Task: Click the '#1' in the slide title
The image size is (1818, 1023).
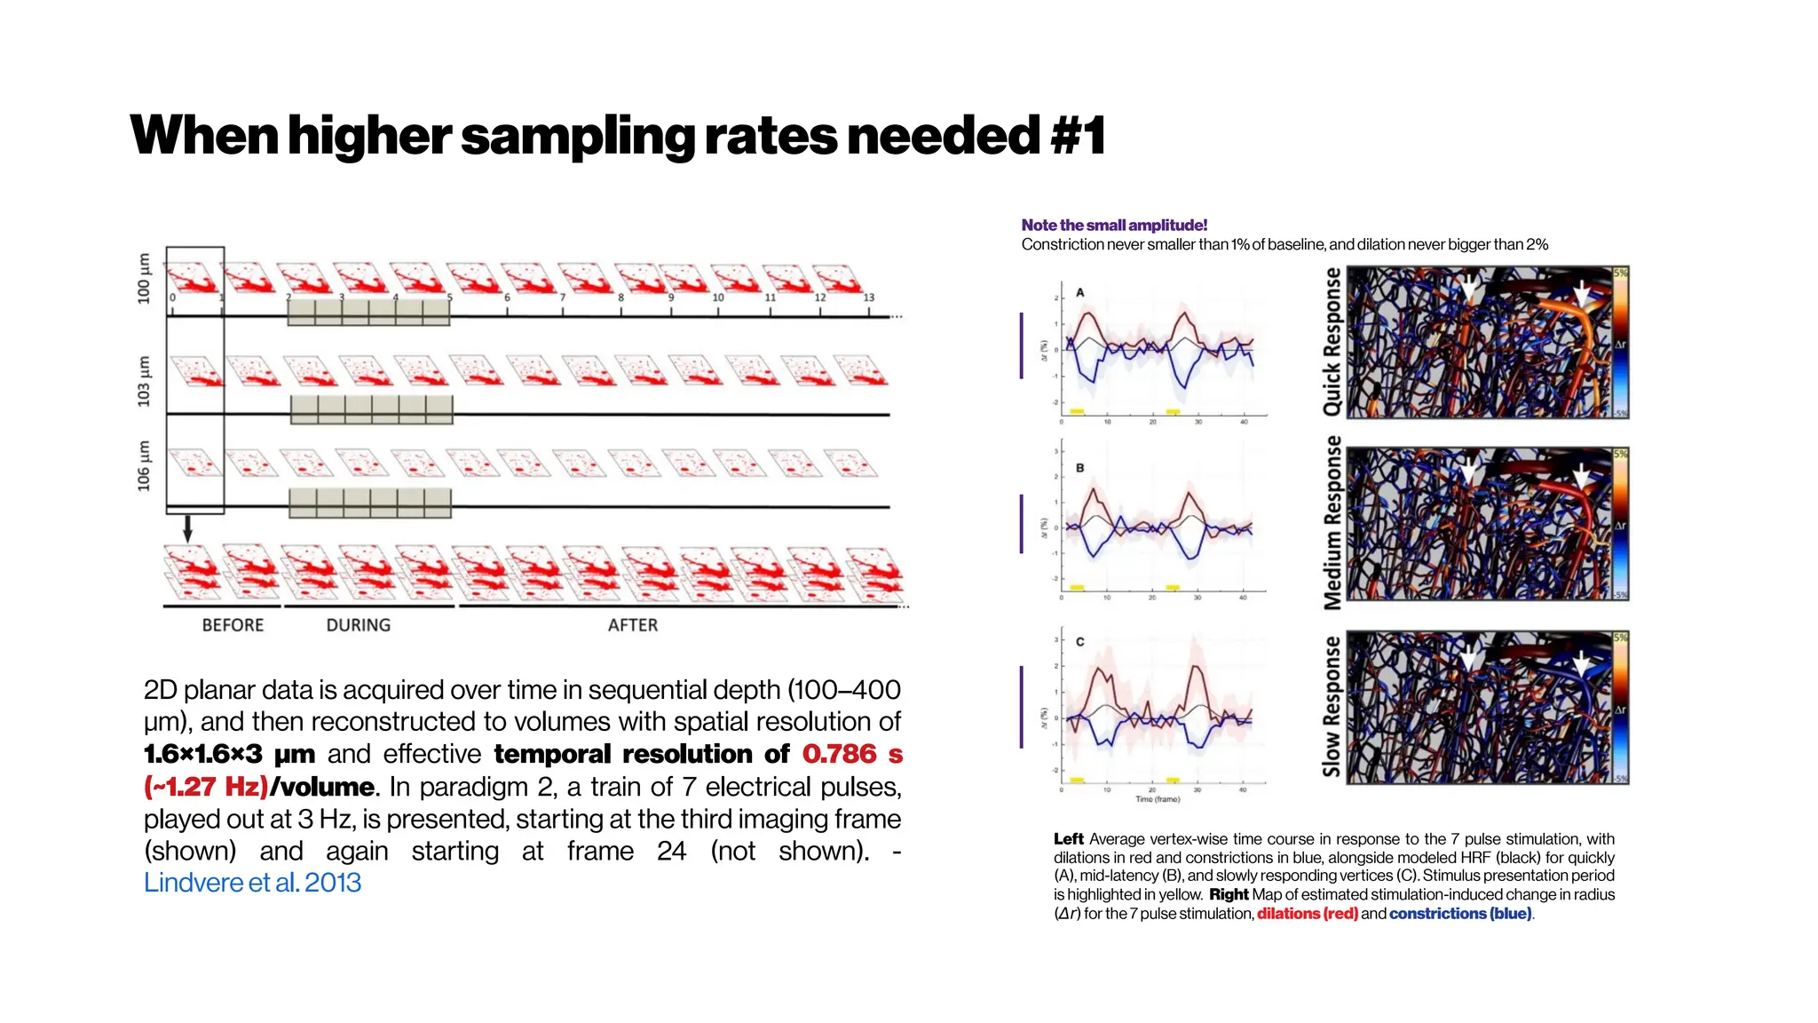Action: [x=1078, y=136]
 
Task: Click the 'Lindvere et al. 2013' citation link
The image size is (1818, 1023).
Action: [x=252, y=883]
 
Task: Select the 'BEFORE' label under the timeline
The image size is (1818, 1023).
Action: [x=233, y=625]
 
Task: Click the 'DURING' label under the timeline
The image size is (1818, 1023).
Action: [x=358, y=625]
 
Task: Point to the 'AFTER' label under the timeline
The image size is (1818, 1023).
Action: [x=633, y=625]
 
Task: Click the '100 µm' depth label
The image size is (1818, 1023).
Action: [x=144, y=278]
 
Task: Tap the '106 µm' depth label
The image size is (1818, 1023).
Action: [x=144, y=465]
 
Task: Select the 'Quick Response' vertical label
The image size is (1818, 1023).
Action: [x=1332, y=342]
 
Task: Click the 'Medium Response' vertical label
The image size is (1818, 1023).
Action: [x=1332, y=522]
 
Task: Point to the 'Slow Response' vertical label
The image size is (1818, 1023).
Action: [x=1332, y=707]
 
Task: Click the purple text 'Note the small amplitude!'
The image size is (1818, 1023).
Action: [x=1114, y=226]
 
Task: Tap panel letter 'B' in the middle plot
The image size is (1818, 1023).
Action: [x=1080, y=468]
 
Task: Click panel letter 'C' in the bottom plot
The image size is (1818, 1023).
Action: [x=1080, y=641]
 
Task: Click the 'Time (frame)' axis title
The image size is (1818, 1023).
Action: [x=1158, y=799]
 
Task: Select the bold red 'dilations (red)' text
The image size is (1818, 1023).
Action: [x=1307, y=914]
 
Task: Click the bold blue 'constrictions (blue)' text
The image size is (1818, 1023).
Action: [x=1460, y=914]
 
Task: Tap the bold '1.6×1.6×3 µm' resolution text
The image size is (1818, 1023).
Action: [x=229, y=754]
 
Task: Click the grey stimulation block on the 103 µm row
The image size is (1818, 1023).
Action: [x=371, y=409]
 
